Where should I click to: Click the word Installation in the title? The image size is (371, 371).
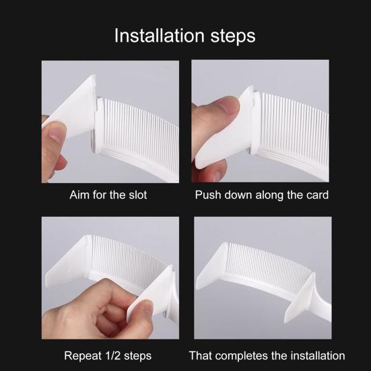click(x=159, y=36)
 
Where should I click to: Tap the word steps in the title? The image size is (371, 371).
click(x=233, y=36)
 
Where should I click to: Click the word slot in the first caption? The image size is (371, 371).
click(x=138, y=195)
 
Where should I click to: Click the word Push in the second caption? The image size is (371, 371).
click(x=208, y=195)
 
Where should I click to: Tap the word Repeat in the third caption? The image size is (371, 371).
click(x=83, y=356)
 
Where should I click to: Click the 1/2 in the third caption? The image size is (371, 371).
click(x=112, y=356)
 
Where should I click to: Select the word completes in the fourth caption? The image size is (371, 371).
click(x=240, y=356)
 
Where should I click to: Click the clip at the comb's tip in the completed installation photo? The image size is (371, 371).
click(x=213, y=266)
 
